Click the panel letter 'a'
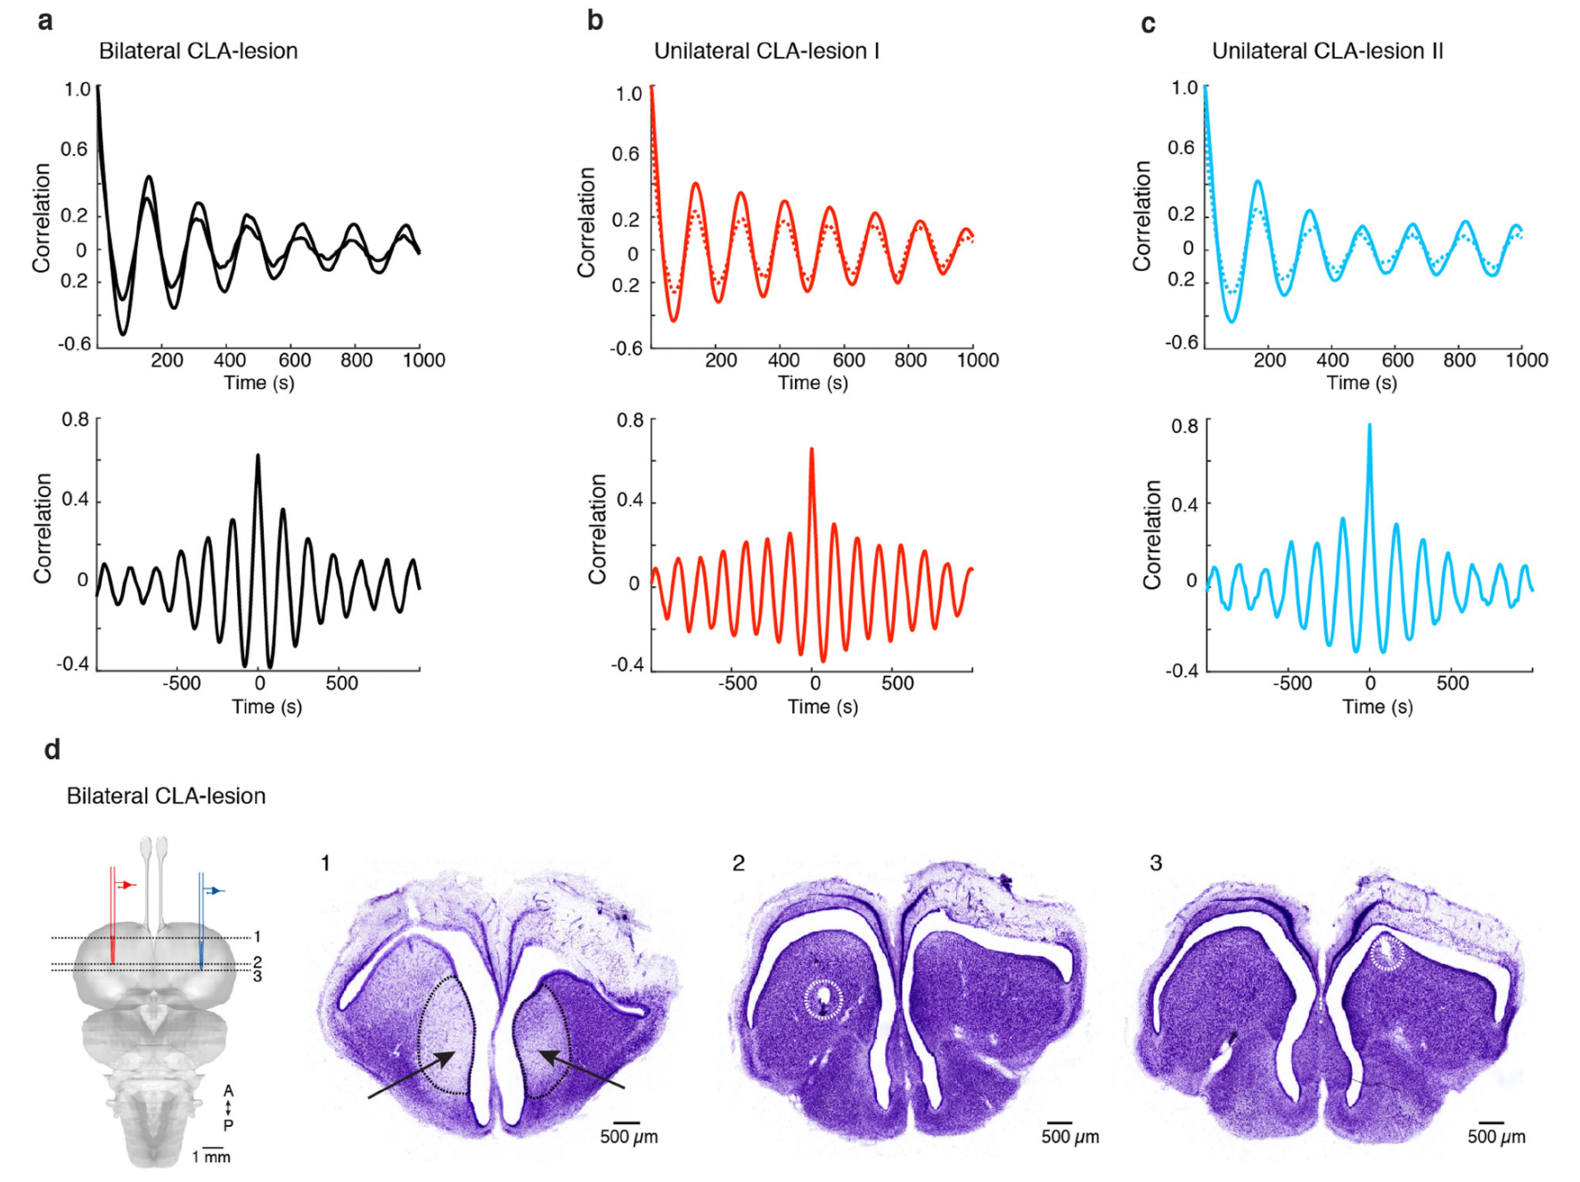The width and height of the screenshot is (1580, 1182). pyautogui.click(x=45, y=20)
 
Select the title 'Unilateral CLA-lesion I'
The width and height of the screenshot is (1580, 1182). pyautogui.click(x=766, y=51)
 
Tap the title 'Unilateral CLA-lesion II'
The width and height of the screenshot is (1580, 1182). pyautogui.click(x=1327, y=51)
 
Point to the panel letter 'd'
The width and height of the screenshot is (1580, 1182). pyautogui.click(x=53, y=750)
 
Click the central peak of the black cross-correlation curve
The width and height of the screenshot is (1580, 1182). pyautogui.click(x=258, y=456)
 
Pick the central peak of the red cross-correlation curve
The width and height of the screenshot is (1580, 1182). pyautogui.click(x=812, y=450)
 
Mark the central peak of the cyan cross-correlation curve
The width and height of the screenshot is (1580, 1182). pyautogui.click(x=1370, y=426)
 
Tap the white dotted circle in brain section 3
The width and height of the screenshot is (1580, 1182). pyautogui.click(x=1386, y=954)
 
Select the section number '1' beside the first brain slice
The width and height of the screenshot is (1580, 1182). pyautogui.click(x=325, y=863)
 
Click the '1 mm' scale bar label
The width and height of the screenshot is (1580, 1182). pyautogui.click(x=211, y=1157)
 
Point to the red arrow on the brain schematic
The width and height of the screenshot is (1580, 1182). pyautogui.click(x=127, y=884)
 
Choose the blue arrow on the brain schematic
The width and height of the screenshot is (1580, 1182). pyautogui.click(x=216, y=890)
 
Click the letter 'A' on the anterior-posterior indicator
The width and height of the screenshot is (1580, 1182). pyautogui.click(x=229, y=1091)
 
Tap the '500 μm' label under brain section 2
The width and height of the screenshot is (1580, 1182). pyautogui.click(x=1070, y=1137)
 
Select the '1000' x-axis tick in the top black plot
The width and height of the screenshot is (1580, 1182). pyautogui.click(x=424, y=360)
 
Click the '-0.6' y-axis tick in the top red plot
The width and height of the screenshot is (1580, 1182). pyautogui.click(x=626, y=348)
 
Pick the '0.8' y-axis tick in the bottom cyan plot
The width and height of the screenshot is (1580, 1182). pyautogui.click(x=1184, y=426)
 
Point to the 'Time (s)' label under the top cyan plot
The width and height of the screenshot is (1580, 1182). pyautogui.click(x=1361, y=383)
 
